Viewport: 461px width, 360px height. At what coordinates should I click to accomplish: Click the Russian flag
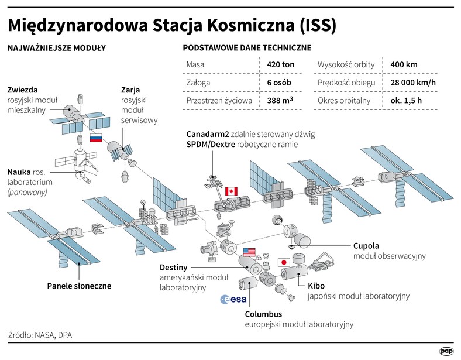96,138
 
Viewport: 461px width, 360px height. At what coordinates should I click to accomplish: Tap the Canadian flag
232,191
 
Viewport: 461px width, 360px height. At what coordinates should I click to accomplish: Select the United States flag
249,252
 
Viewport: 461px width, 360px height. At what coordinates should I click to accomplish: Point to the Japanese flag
284,262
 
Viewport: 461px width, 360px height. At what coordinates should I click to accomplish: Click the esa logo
233,299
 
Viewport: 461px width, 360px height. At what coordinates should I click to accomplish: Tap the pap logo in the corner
446,351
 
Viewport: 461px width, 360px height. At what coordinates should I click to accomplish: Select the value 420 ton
280,65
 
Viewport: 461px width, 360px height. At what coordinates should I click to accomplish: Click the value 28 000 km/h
413,83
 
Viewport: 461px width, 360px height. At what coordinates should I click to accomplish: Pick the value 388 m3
280,100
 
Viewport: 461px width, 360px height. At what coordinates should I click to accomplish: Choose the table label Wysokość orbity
346,65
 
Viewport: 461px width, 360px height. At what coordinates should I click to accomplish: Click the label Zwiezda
23,90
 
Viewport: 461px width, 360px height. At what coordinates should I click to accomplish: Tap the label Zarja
130,90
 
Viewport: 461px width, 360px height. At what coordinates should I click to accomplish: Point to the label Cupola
366,246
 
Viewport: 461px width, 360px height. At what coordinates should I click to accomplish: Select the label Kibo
316,286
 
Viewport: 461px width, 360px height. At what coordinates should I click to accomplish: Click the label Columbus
263,314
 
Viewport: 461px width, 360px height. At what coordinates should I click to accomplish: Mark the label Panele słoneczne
79,286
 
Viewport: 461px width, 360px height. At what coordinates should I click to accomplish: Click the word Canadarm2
208,135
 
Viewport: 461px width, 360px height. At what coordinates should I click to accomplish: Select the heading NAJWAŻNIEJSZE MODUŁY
56,48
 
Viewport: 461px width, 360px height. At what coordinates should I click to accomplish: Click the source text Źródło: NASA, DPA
40,335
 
